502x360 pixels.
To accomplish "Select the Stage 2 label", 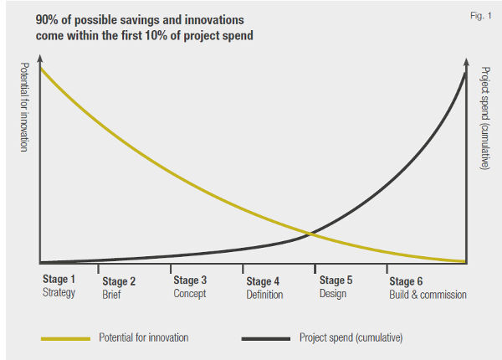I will (120, 282).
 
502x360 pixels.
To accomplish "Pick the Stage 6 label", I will (407, 282).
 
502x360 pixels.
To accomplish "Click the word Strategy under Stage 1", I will (59, 293).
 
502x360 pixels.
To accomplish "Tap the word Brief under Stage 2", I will (113, 295).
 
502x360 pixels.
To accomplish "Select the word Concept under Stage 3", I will (190, 294).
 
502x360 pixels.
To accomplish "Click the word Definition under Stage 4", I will (265, 295).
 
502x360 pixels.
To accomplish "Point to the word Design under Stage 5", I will (333, 294).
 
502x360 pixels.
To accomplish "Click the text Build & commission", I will (428, 295).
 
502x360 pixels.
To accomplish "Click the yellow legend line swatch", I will (64, 338).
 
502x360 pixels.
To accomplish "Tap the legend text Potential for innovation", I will (143, 338).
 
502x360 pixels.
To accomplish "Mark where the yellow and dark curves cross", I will (311, 234).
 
